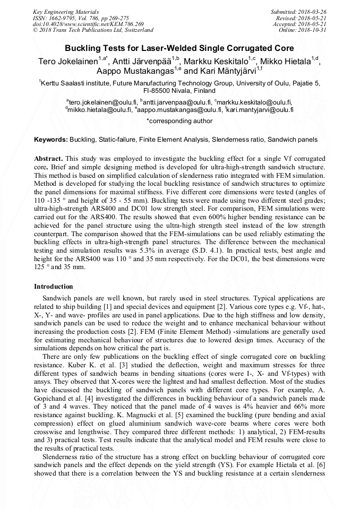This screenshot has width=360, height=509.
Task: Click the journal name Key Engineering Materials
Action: point(66,12)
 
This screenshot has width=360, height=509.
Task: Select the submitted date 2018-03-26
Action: point(312,12)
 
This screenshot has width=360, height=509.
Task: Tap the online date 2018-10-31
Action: point(312,30)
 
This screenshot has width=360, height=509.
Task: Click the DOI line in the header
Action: point(88,24)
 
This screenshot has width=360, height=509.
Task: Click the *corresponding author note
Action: point(179,121)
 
